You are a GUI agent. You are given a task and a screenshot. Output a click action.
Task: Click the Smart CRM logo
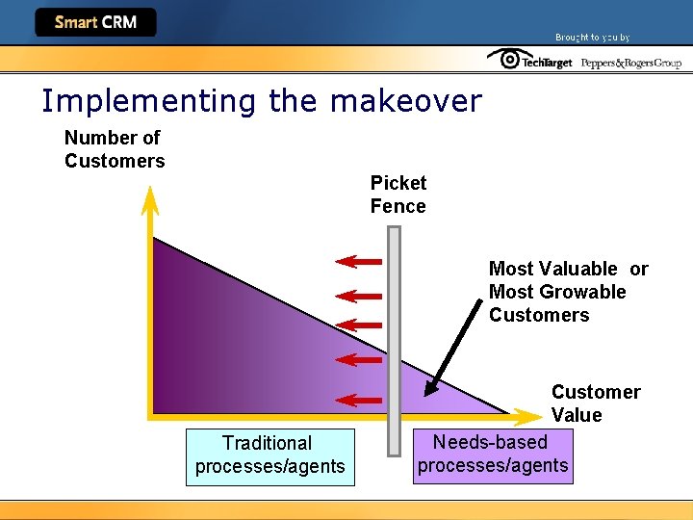(x=95, y=22)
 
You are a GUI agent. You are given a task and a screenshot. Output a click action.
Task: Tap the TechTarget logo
(x=529, y=61)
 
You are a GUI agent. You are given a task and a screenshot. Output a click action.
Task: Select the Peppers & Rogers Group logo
(x=630, y=63)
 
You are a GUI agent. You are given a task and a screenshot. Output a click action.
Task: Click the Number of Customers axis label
(x=114, y=149)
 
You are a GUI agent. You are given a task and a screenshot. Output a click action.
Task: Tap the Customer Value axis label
(x=595, y=403)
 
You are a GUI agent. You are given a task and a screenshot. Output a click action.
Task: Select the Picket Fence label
(x=398, y=195)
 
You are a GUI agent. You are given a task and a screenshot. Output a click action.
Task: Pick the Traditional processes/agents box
(x=269, y=455)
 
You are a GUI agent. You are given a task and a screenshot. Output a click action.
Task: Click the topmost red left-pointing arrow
(x=358, y=261)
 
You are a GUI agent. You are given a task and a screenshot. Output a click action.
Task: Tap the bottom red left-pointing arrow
(x=358, y=400)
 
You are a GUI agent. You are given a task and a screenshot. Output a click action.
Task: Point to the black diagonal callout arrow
(x=456, y=347)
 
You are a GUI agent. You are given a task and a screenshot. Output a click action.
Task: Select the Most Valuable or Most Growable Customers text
(x=568, y=292)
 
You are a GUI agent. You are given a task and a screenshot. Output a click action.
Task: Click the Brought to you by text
(x=592, y=38)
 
